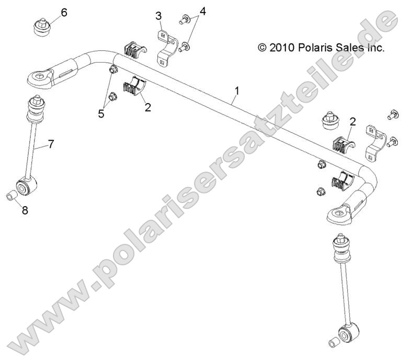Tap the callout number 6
pyautogui.click(x=64, y=12)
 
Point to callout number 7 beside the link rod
pyautogui.click(x=51, y=144)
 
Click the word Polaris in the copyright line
pyautogui.click(x=316, y=48)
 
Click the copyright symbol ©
pyautogui.click(x=262, y=48)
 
